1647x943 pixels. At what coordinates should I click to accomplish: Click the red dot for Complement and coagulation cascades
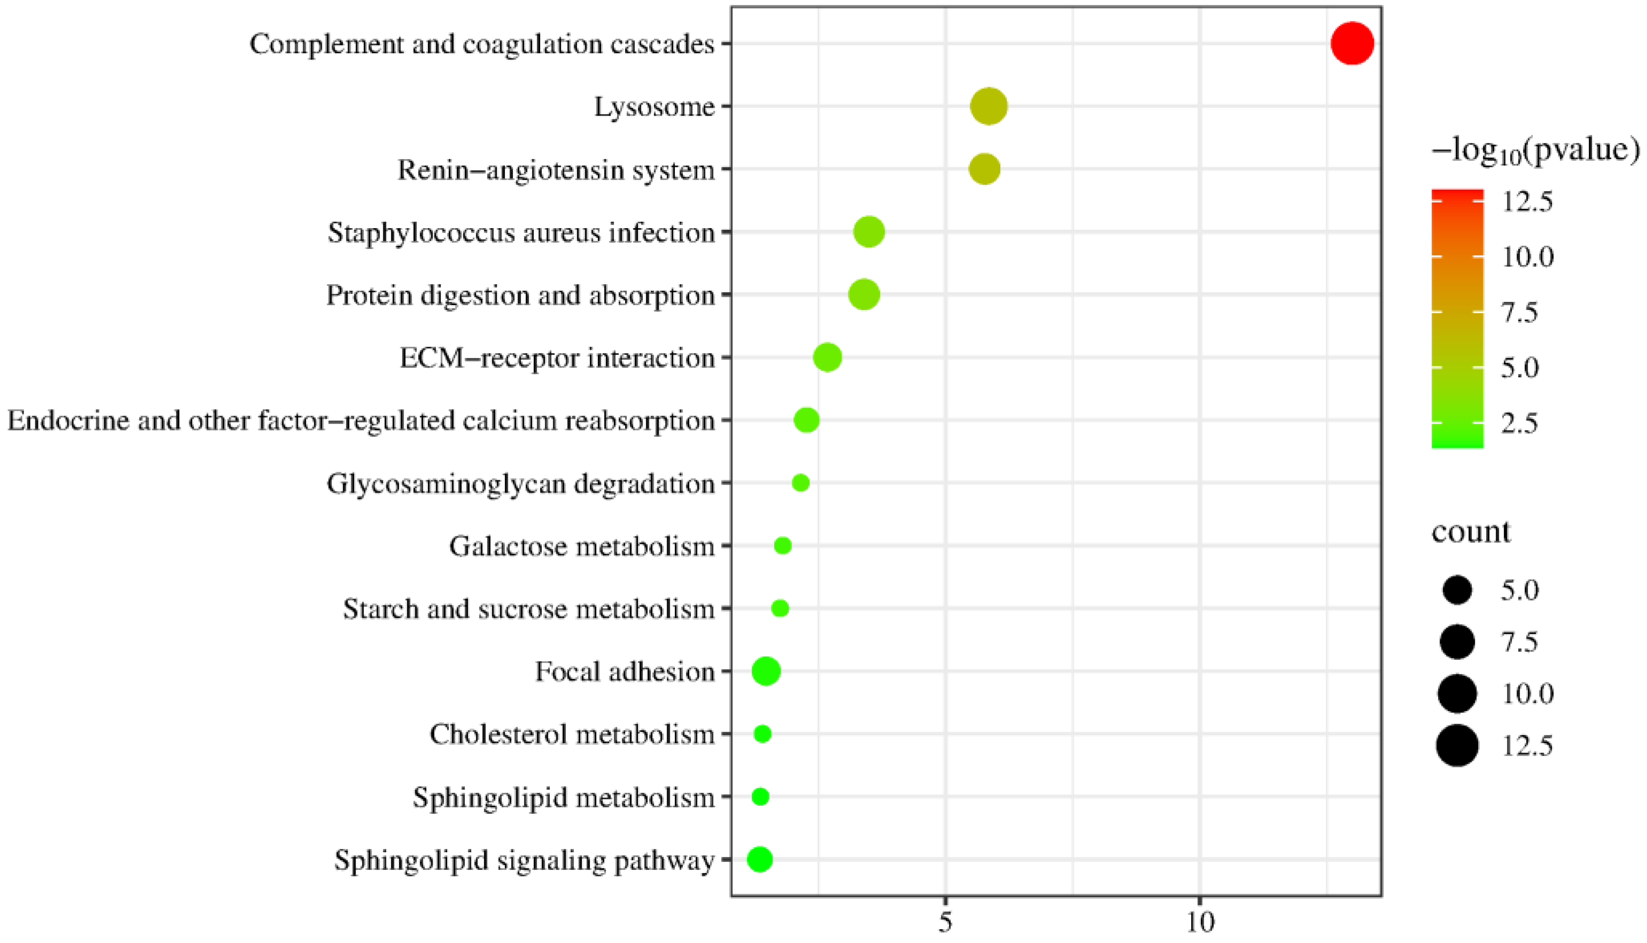coord(1351,43)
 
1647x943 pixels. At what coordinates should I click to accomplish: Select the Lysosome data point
coord(988,106)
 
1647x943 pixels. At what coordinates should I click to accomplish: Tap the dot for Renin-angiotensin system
coord(984,169)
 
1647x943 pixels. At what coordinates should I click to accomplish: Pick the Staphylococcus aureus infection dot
coord(869,232)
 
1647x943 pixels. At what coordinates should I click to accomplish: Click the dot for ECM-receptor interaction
coord(827,357)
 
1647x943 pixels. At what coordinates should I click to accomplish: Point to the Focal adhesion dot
coord(766,671)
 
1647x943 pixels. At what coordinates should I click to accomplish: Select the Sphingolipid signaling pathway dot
coord(760,860)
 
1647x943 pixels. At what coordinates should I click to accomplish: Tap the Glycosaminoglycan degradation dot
coord(801,482)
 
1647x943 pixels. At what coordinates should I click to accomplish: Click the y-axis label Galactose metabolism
coord(581,546)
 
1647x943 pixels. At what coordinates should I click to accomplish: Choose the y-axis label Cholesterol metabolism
coord(572,734)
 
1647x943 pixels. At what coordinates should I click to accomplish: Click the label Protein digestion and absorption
coord(520,295)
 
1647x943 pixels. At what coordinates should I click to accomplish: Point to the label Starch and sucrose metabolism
coord(529,609)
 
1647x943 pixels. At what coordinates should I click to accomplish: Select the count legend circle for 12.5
coord(1457,746)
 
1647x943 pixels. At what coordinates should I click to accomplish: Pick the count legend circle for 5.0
coord(1457,590)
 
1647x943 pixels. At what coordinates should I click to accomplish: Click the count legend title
coord(1471,532)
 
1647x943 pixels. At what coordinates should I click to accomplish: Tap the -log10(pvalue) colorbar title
coord(1535,151)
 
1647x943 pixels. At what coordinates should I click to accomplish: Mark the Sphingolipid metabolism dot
coord(760,797)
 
